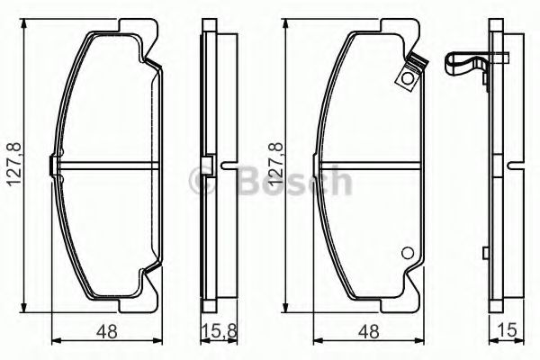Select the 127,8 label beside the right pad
pyautogui.click(x=274, y=167)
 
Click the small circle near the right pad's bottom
pyautogui.click(x=406, y=254)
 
